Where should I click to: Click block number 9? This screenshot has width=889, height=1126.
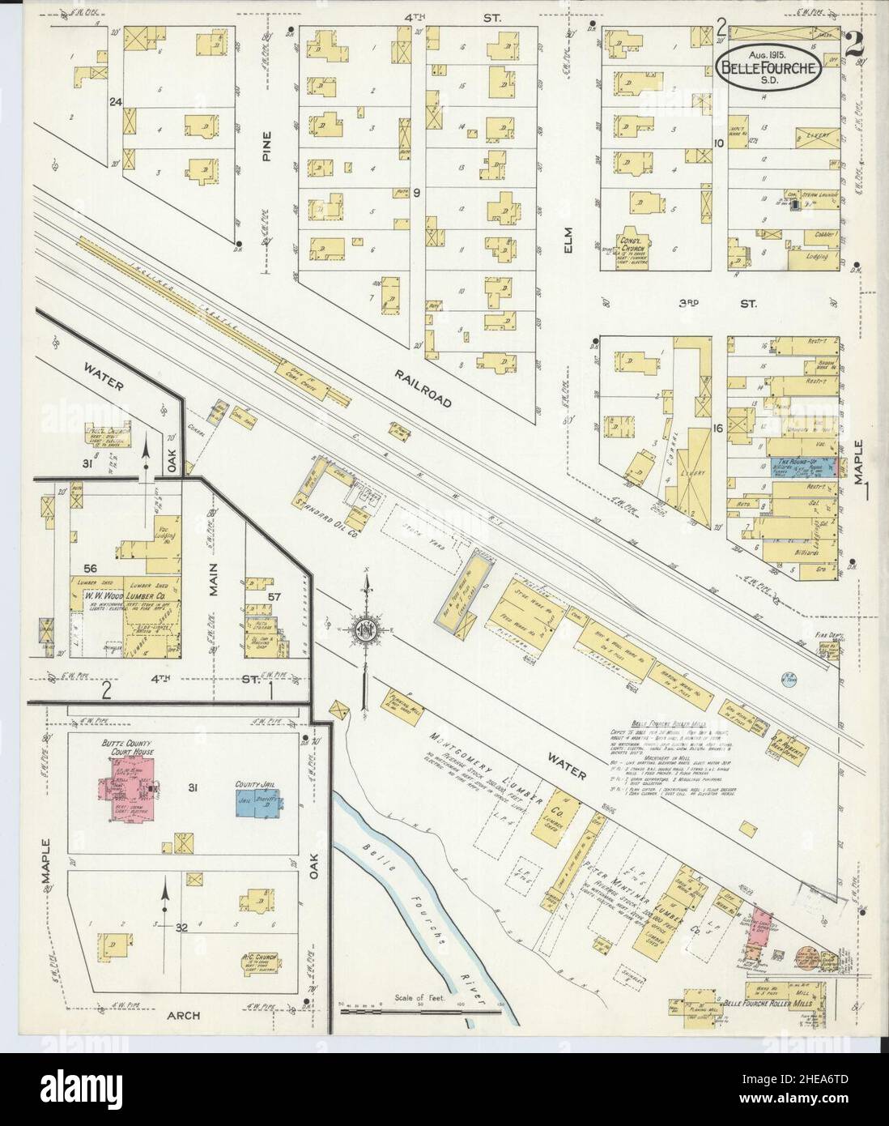[415, 193]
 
